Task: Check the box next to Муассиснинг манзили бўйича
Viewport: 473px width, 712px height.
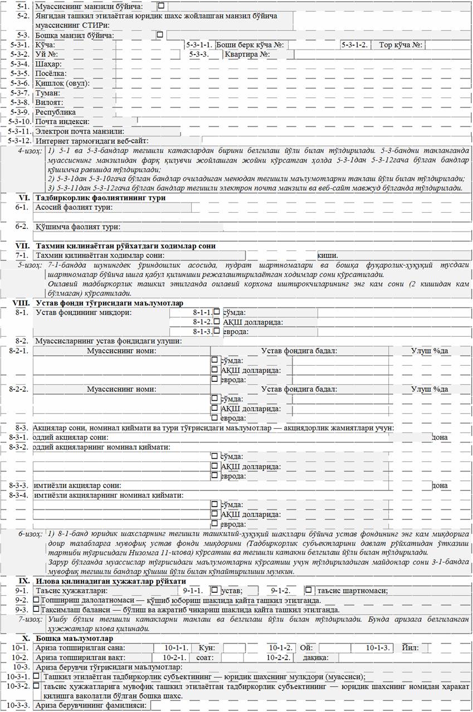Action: point(162,6)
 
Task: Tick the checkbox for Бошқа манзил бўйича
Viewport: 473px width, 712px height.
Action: point(160,34)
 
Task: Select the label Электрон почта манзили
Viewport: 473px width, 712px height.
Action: point(79,131)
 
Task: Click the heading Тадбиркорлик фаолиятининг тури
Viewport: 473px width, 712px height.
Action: point(100,198)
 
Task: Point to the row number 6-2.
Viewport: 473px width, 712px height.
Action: point(22,227)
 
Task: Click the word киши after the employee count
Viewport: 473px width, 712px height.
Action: point(326,254)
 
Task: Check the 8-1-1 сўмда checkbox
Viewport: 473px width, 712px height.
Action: point(217,312)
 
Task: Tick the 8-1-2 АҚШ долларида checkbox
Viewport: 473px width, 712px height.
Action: point(217,321)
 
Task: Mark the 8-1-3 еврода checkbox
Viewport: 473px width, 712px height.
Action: point(217,331)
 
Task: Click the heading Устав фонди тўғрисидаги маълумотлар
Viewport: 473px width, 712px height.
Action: point(109,303)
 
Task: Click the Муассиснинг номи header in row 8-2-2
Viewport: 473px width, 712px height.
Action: point(121,389)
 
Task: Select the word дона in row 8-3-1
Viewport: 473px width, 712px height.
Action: point(440,438)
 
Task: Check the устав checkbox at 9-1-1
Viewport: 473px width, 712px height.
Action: point(214,590)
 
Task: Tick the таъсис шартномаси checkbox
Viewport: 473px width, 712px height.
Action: point(308,590)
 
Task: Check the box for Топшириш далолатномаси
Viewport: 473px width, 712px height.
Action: point(36,600)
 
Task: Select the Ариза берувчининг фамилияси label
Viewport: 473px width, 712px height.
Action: point(91,705)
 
